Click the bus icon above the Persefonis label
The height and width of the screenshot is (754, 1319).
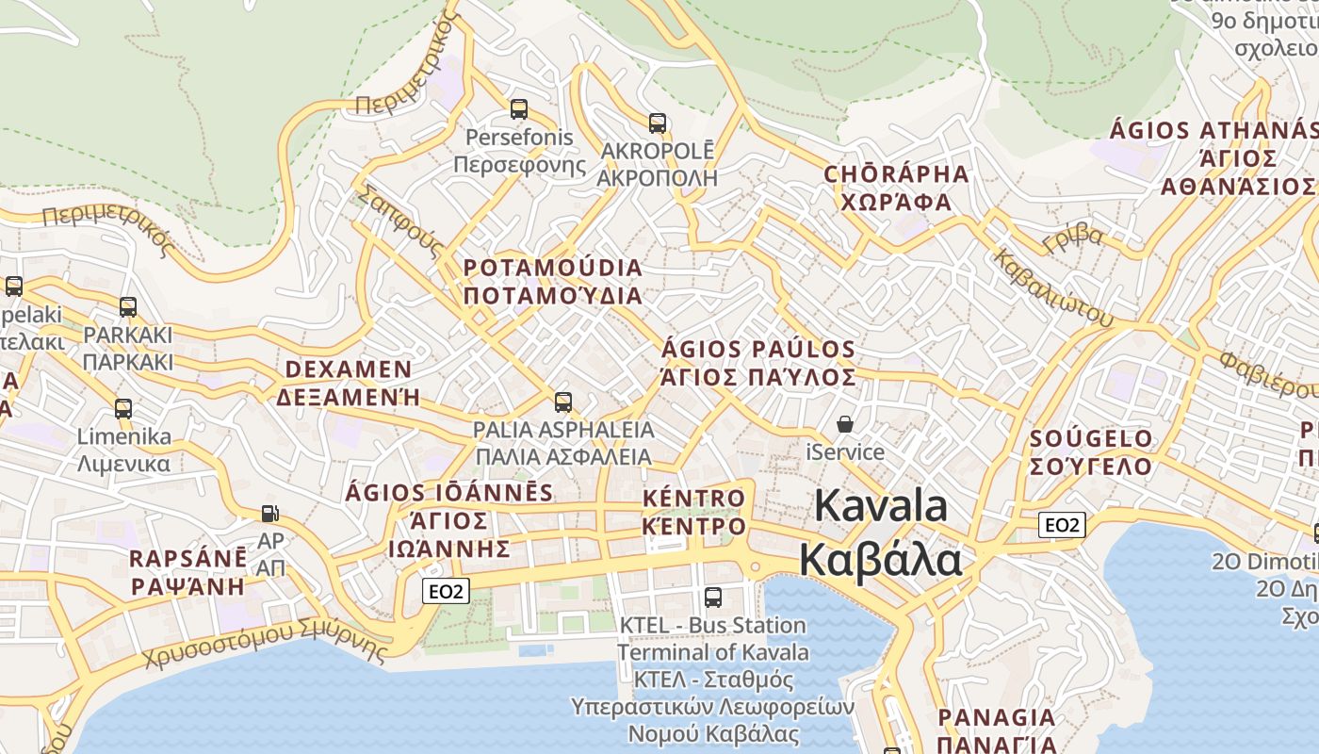click(519, 109)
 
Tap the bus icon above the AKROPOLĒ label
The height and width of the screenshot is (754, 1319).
click(658, 123)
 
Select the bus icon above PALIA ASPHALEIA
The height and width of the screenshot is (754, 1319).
click(563, 402)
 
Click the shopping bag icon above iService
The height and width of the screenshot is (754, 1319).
click(846, 424)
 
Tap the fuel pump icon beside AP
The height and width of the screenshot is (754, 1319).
click(270, 514)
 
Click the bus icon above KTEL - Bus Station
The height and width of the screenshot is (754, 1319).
click(713, 597)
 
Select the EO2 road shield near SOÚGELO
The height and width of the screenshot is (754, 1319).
click(1061, 525)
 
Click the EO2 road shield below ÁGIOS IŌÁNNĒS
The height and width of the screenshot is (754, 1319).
click(445, 591)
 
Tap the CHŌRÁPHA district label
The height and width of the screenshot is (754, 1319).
click(896, 174)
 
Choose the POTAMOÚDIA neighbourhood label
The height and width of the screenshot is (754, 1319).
click(553, 269)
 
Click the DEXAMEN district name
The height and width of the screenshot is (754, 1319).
click(348, 369)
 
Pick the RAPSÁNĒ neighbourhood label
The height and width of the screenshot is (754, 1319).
click(188, 558)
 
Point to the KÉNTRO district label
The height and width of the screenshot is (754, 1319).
click(693, 498)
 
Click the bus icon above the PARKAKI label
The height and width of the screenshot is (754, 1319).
click(127, 307)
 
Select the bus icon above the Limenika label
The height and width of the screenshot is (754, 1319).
click(123, 409)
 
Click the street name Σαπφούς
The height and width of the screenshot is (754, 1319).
click(399, 222)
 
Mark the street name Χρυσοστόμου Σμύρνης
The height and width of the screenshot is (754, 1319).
click(266, 645)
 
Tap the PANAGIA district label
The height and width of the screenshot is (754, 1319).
click(996, 718)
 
